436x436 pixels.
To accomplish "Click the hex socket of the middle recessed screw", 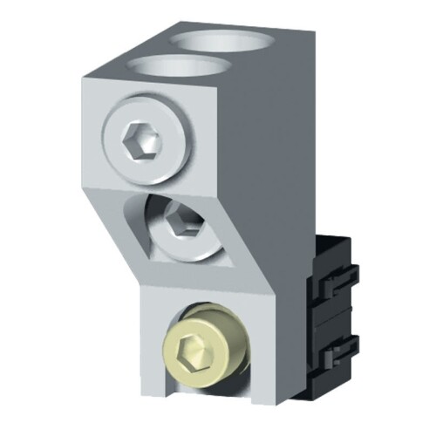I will [x=182, y=220].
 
